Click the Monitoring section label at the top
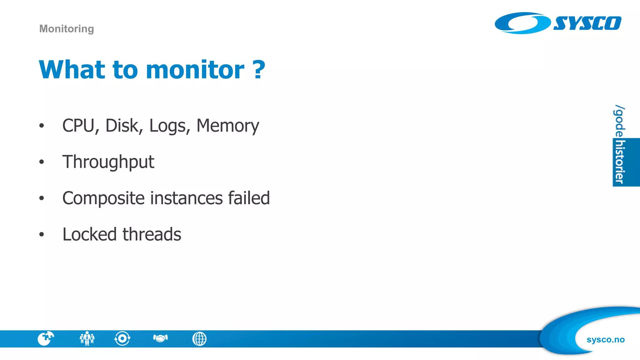(67, 29)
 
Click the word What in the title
(72, 69)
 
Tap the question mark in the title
(259, 69)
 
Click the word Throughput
(108, 162)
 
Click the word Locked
(90, 234)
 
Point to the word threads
(152, 234)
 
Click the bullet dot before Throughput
(42, 162)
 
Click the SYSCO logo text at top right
(587, 23)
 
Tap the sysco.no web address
(605, 340)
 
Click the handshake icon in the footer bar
(161, 338)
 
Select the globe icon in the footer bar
(199, 339)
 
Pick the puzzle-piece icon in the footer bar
(46, 338)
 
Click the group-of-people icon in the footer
(87, 338)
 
